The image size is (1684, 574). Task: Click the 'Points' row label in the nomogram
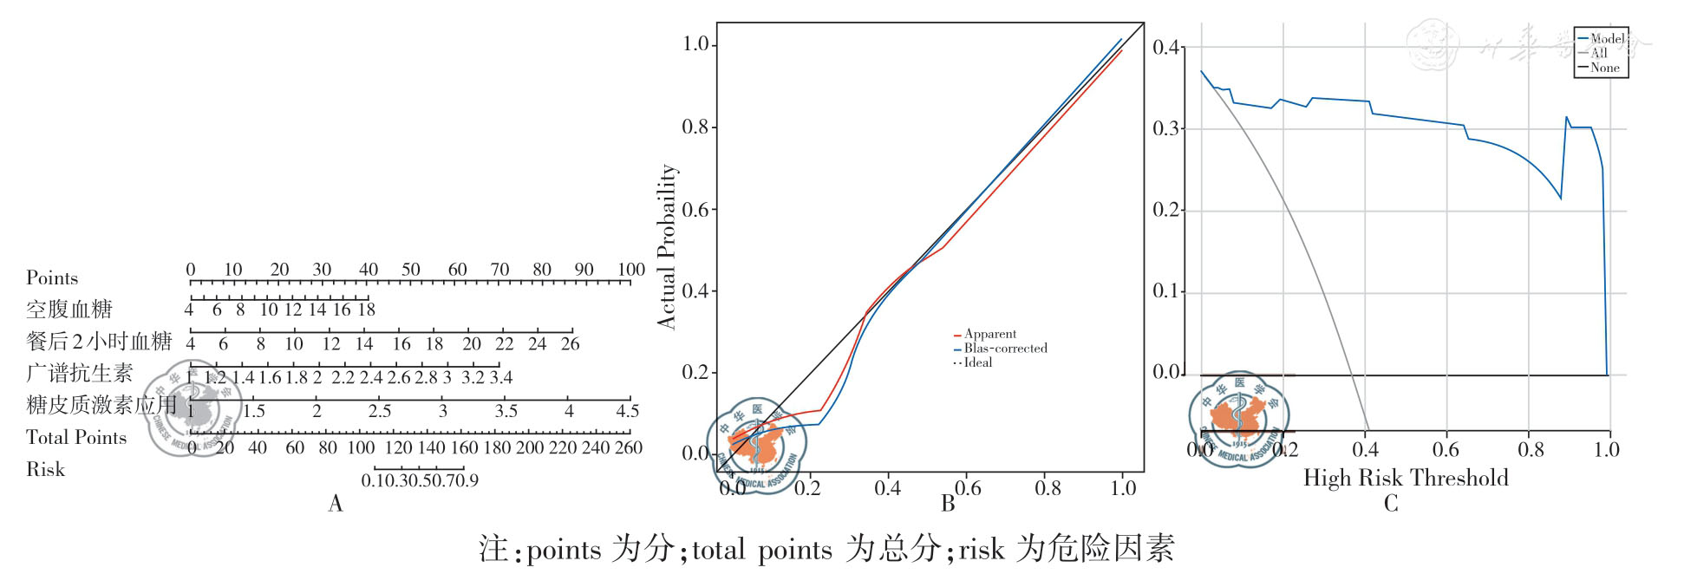pos(52,277)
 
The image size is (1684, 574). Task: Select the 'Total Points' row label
pos(76,437)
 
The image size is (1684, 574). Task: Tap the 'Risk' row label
pos(45,469)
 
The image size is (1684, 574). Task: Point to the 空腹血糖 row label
pos(69,310)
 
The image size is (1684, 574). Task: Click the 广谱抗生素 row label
pos(80,373)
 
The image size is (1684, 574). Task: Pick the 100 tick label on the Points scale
pos(630,270)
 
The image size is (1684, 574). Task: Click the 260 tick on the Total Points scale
pos(628,447)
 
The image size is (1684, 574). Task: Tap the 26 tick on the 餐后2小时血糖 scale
pos(570,343)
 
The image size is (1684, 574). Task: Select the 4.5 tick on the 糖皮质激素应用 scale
pos(627,411)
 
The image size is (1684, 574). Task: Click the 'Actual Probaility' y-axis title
pos(666,246)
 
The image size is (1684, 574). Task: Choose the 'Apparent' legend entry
pos(989,334)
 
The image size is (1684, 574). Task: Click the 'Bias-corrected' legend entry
pos(1005,349)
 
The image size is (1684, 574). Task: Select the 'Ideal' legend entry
pos(978,362)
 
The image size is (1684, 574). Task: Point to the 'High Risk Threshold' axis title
pos(1405,478)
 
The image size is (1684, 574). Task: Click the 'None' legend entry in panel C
pos(1604,68)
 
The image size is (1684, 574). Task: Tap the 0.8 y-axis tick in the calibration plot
pos(695,127)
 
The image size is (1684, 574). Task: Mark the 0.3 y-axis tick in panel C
pos(1165,128)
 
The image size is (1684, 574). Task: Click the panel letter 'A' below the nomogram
pos(336,504)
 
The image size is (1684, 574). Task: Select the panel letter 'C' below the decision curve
pos(1391,504)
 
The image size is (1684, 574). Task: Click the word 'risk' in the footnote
pos(981,549)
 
